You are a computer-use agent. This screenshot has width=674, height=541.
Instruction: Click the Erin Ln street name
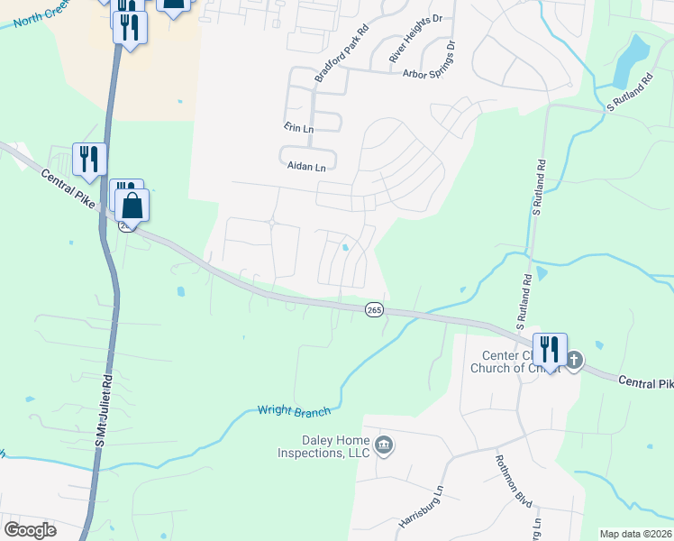coord(297,129)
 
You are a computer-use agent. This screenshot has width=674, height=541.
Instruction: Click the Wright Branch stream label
coord(294,411)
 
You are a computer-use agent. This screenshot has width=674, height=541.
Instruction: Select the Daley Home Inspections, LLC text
coord(323,446)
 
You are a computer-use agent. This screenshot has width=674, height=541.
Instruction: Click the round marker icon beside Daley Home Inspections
coord(384,445)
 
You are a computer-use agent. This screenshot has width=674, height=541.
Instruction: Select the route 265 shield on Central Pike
coord(374,309)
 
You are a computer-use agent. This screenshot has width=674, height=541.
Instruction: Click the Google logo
coord(30,529)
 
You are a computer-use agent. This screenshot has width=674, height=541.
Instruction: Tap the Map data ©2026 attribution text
coord(635,534)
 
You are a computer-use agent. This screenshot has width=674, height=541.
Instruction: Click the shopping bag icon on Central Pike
coord(132,206)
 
